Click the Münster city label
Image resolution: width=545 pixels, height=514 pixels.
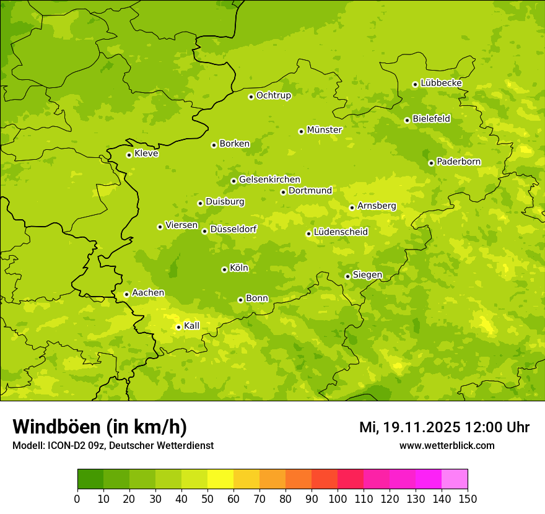pos(325,130)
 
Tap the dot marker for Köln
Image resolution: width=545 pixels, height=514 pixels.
pos(224,269)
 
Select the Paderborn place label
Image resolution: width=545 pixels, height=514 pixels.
pos(458,162)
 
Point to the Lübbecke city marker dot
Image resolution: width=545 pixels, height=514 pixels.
pos(415,84)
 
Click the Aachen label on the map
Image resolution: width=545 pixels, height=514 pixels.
pos(148,293)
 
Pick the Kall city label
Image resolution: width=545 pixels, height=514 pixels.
pos(192,326)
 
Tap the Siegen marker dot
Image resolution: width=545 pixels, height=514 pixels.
pos(347,276)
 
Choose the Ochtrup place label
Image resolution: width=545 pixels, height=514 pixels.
pos(273,95)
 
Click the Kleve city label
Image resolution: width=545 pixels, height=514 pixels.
pos(146,154)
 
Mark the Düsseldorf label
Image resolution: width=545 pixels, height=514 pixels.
pos(233,229)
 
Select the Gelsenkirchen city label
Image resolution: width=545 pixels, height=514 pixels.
pos(269,180)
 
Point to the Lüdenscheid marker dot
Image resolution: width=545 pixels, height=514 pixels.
pos(308,233)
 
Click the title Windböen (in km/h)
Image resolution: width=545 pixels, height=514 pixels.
pos(100,427)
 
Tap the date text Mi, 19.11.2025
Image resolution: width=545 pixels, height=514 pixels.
pos(409,427)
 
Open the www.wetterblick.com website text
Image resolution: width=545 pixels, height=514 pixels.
pos(447,446)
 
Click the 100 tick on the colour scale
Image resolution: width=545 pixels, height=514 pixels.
pos(338,499)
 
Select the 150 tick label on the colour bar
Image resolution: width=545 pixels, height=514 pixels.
pos(468,499)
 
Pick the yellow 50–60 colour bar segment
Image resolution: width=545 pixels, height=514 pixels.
pos(220,479)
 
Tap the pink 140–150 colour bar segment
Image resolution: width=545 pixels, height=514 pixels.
pos(455,479)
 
